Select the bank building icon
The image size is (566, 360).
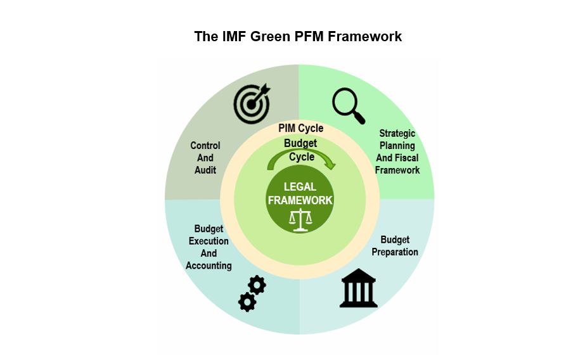coord(358,288)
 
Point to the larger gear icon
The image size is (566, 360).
coord(247,302)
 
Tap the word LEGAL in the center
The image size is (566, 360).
coord(300,187)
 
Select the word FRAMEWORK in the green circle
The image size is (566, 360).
coord(300,200)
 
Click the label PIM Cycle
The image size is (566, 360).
coord(300,129)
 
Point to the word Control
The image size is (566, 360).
coord(205,146)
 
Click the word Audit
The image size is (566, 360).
coord(205,170)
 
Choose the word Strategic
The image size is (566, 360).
coord(397,134)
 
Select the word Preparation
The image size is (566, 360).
coord(395,252)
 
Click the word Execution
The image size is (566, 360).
coord(209,241)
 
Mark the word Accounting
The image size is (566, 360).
coord(209,266)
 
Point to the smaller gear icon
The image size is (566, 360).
coord(257,285)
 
